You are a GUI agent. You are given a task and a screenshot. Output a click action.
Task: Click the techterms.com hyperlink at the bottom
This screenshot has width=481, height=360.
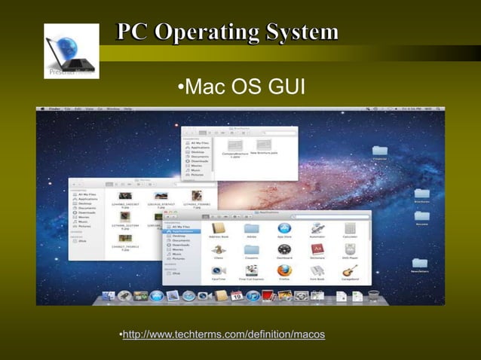pyautogui.click(x=224, y=334)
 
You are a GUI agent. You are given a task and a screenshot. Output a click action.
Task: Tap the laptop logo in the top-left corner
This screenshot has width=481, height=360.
pyautogui.click(x=72, y=50)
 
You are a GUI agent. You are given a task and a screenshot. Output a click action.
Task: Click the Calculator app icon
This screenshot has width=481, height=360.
pyautogui.click(x=349, y=229)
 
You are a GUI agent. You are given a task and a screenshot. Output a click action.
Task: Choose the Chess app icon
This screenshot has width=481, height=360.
pyautogui.click(x=219, y=249)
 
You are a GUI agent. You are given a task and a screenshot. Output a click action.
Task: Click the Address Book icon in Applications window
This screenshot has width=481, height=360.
pyautogui.click(x=219, y=229)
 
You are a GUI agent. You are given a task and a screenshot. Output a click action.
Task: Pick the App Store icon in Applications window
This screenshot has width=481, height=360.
pyautogui.click(x=283, y=229)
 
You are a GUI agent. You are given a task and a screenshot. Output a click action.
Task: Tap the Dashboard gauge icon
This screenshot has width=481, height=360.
pyautogui.click(x=283, y=249)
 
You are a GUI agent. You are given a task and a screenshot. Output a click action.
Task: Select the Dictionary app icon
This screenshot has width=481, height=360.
pyautogui.click(x=317, y=249)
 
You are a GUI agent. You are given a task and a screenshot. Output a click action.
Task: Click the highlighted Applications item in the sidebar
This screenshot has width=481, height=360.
pyautogui.click(x=183, y=231)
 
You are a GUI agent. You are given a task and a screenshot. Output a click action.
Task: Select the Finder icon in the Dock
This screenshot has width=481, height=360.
pyautogui.click(x=108, y=296)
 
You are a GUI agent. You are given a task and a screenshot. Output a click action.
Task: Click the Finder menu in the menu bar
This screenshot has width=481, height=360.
pyautogui.click(x=54, y=110)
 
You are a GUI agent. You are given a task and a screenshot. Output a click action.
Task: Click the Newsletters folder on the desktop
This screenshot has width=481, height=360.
pyautogui.click(x=420, y=265)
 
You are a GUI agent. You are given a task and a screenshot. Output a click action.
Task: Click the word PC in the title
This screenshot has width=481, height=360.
pyautogui.click(x=132, y=32)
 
